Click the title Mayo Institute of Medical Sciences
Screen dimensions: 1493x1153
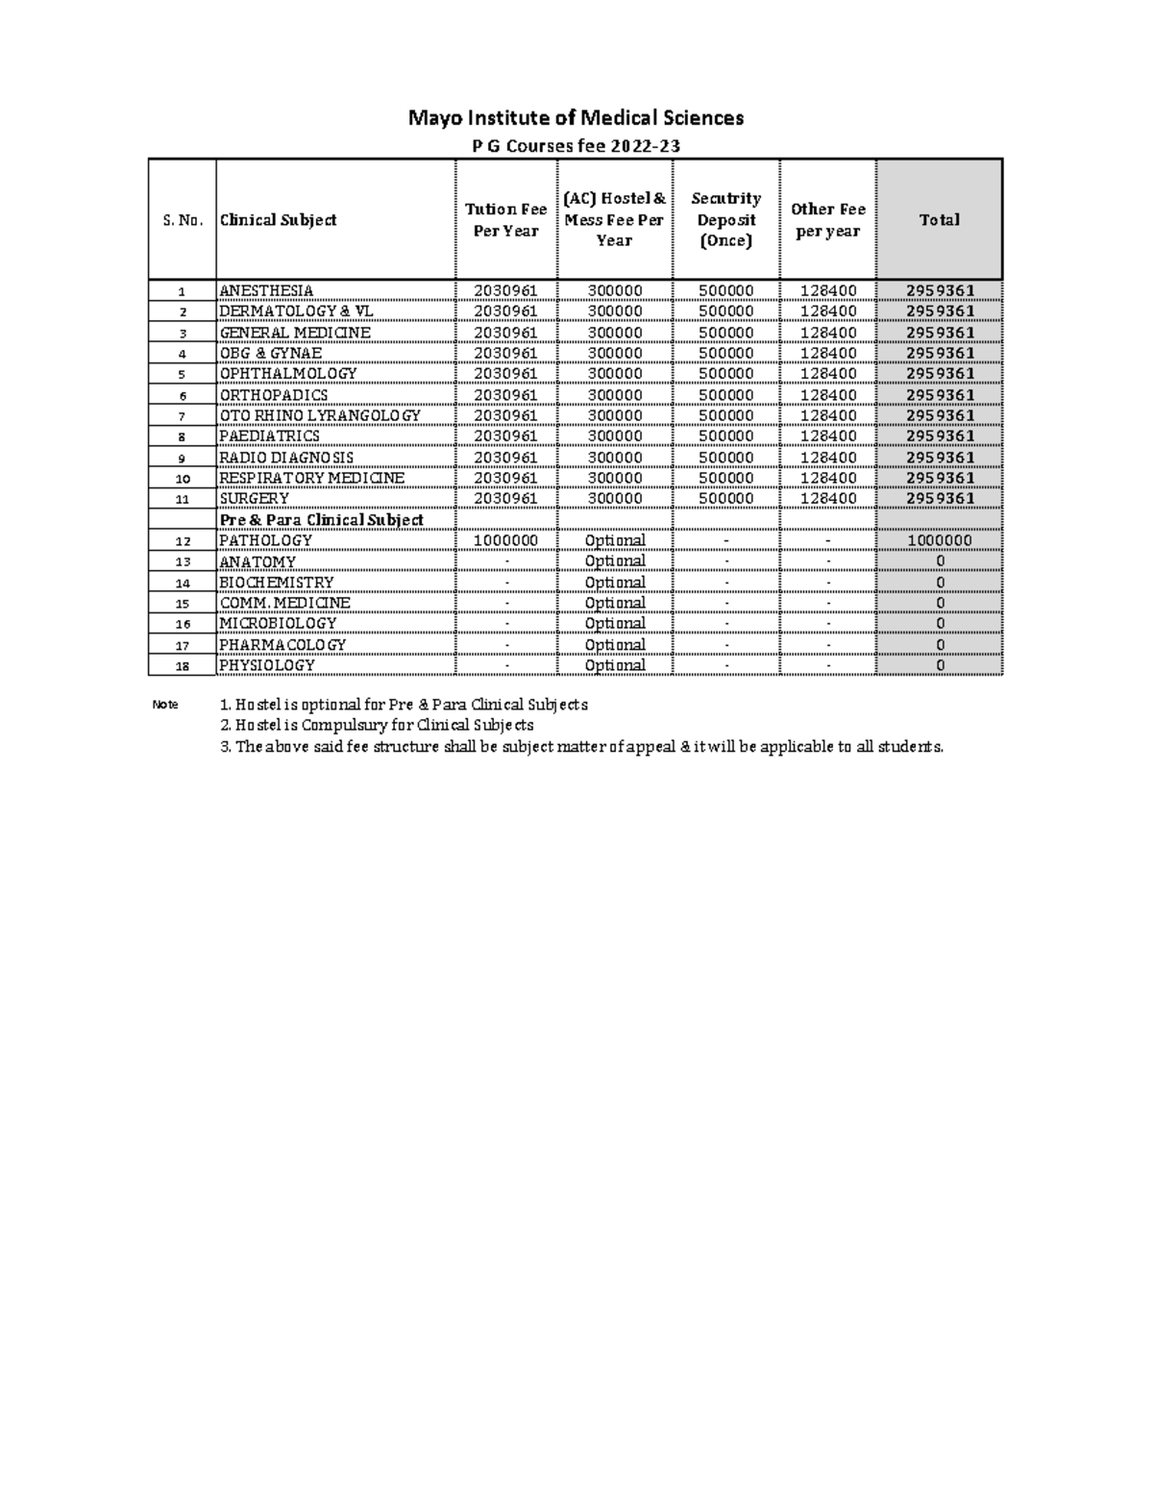pos(576,118)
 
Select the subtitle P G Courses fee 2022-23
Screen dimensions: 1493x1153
pos(576,146)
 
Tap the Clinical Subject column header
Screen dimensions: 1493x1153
pos(279,220)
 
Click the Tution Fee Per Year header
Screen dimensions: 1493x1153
pos(505,220)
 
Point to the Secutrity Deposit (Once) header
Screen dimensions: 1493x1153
pos(725,220)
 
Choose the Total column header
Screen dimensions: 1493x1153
pos(939,220)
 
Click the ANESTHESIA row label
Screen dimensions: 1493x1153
pos(266,291)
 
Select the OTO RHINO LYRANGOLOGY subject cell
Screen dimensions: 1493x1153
pos(320,416)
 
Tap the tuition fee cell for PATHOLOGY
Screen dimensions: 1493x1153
pos(505,541)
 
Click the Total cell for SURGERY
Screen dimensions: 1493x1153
pos(939,499)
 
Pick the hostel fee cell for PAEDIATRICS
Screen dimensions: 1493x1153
pos(614,436)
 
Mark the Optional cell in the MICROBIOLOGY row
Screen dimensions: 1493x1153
pos(614,624)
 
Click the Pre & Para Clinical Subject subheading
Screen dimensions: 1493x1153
pos(322,520)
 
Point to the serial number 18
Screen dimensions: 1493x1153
pos(183,666)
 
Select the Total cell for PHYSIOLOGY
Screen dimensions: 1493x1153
pos(939,666)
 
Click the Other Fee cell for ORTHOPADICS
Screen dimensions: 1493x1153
pos(827,395)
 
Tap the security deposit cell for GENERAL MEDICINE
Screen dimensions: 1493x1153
pos(725,333)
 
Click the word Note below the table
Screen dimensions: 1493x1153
pos(165,705)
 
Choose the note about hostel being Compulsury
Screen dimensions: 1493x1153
pos(377,726)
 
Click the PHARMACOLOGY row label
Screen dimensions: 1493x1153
pos(282,645)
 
